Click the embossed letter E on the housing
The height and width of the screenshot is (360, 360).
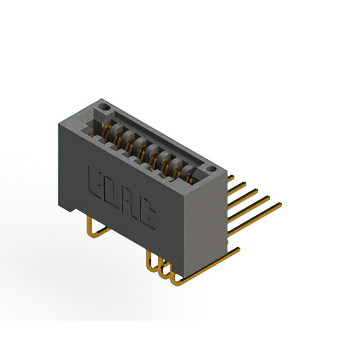tap(94, 184)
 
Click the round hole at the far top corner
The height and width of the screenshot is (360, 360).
tap(103, 107)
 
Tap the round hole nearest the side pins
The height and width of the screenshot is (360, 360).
tap(211, 169)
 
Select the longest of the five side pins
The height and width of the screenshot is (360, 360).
tap(255, 219)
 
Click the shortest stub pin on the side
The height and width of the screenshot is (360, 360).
tap(231, 178)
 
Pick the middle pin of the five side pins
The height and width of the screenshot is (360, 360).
tap(243, 199)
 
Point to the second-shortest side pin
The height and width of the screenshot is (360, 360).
tap(237, 189)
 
